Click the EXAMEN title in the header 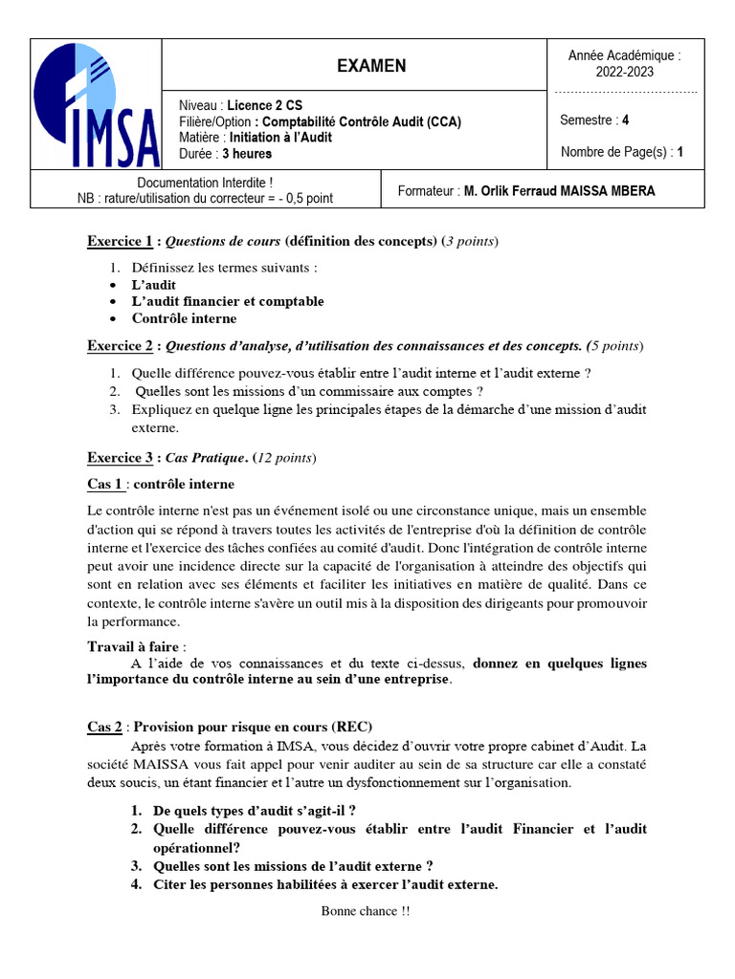click(x=371, y=66)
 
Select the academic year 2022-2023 click(x=624, y=72)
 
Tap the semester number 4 click(x=626, y=120)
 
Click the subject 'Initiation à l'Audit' click(x=279, y=137)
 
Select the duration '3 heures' click(x=246, y=153)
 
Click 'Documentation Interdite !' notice click(x=205, y=183)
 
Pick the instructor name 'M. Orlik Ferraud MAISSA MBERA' click(x=559, y=191)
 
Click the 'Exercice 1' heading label click(x=120, y=241)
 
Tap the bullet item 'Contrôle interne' click(x=184, y=318)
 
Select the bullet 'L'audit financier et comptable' click(x=228, y=301)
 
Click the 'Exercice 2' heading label click(x=120, y=345)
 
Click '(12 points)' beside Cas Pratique click(x=283, y=458)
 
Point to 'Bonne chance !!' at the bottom click(x=366, y=911)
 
